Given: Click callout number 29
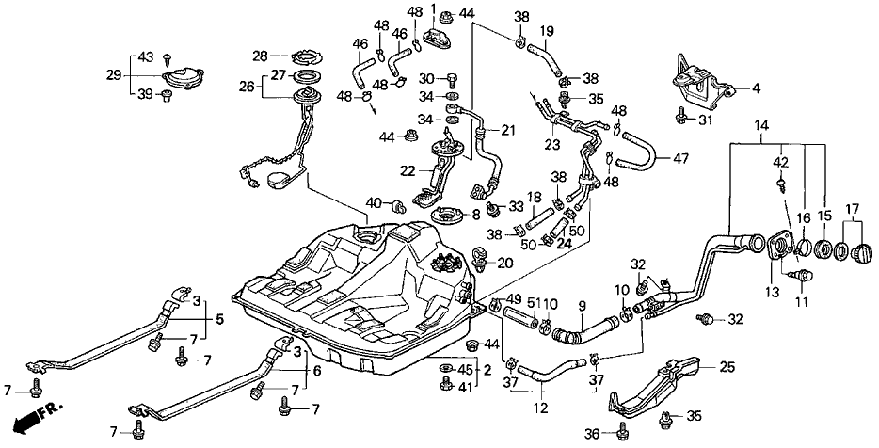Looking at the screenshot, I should (x=113, y=73).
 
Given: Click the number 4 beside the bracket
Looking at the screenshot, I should (x=755, y=89).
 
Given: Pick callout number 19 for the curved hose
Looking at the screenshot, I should (x=546, y=29).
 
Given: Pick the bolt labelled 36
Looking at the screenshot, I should (x=624, y=432).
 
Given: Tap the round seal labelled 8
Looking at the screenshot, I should (x=450, y=219).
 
